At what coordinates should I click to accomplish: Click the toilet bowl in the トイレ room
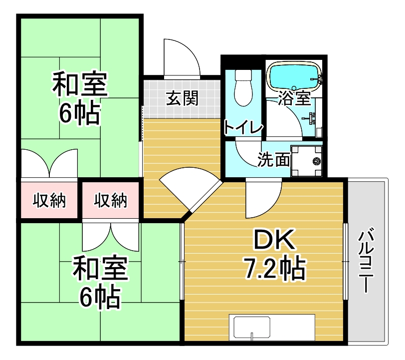coord(243,88)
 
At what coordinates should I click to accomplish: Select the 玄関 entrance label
coord(183,98)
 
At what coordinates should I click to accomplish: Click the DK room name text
coord(274,239)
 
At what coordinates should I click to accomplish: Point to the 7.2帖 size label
coord(275,268)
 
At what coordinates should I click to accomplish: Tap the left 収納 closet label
coord(49,200)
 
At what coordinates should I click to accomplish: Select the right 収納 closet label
coord(110,200)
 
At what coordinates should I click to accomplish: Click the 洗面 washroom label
coord(274,159)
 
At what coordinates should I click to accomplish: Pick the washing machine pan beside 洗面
coord(307,161)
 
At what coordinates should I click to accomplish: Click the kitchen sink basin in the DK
coord(252,327)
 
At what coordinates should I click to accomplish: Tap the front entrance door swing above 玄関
coord(182,59)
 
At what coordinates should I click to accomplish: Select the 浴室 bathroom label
coord(294,98)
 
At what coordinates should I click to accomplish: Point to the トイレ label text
coord(243,127)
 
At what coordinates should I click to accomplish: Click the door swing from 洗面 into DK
coord(263,198)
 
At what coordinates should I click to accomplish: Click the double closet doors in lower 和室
coord(111,235)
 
